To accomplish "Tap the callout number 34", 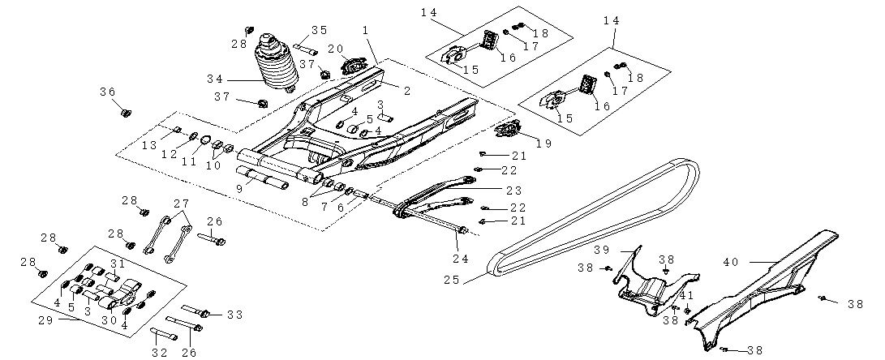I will tap(214, 79).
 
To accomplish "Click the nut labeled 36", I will tap(126, 112).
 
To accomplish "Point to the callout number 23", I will tap(513, 191).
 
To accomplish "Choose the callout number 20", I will tap(335, 49).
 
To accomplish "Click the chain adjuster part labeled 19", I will tap(511, 129).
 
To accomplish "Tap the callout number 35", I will tap(319, 30).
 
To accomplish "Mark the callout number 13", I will tap(148, 144).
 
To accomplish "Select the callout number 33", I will tap(234, 313).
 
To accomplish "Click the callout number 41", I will tap(687, 296).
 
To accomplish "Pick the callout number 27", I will tap(181, 203).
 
